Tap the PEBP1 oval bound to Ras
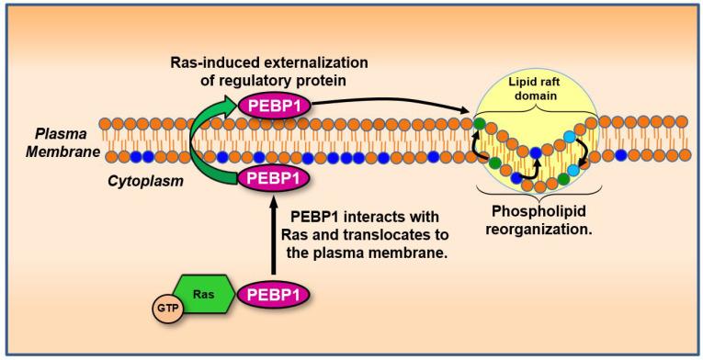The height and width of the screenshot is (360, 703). tap(271, 295)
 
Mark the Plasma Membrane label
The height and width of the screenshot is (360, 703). tap(61, 143)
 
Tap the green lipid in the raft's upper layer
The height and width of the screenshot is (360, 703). tap(479, 121)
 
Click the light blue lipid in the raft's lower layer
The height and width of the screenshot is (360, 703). tap(575, 167)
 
